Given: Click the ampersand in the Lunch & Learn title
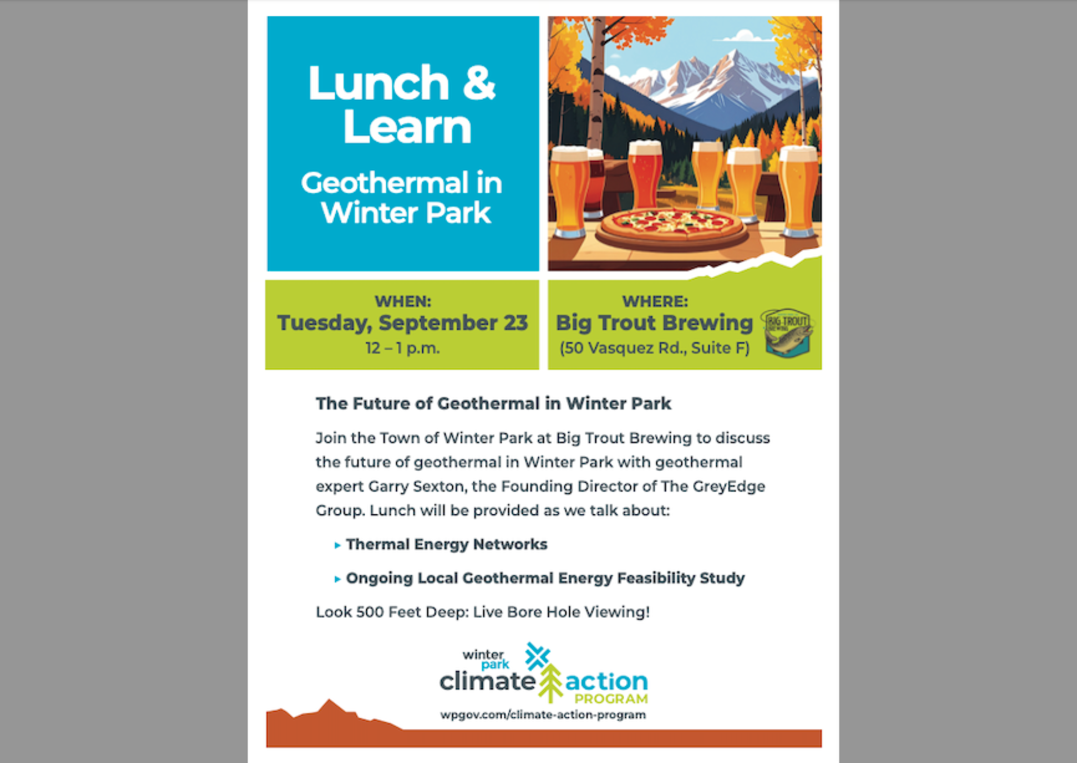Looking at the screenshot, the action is (x=479, y=82).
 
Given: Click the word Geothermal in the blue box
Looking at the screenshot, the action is (x=385, y=183).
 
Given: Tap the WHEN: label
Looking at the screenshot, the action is (x=403, y=301).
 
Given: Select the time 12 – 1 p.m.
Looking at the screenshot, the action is (x=402, y=348).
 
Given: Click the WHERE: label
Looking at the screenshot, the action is (x=655, y=301).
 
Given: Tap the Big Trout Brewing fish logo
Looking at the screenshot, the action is (x=787, y=333).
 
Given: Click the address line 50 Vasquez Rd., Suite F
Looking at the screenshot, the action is (x=655, y=348).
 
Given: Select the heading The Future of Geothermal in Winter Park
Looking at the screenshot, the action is (x=493, y=403).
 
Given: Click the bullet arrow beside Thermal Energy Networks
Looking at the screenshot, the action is (x=337, y=545).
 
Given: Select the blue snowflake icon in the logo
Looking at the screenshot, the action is (x=537, y=656).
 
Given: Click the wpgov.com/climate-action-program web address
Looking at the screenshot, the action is (x=543, y=715).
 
